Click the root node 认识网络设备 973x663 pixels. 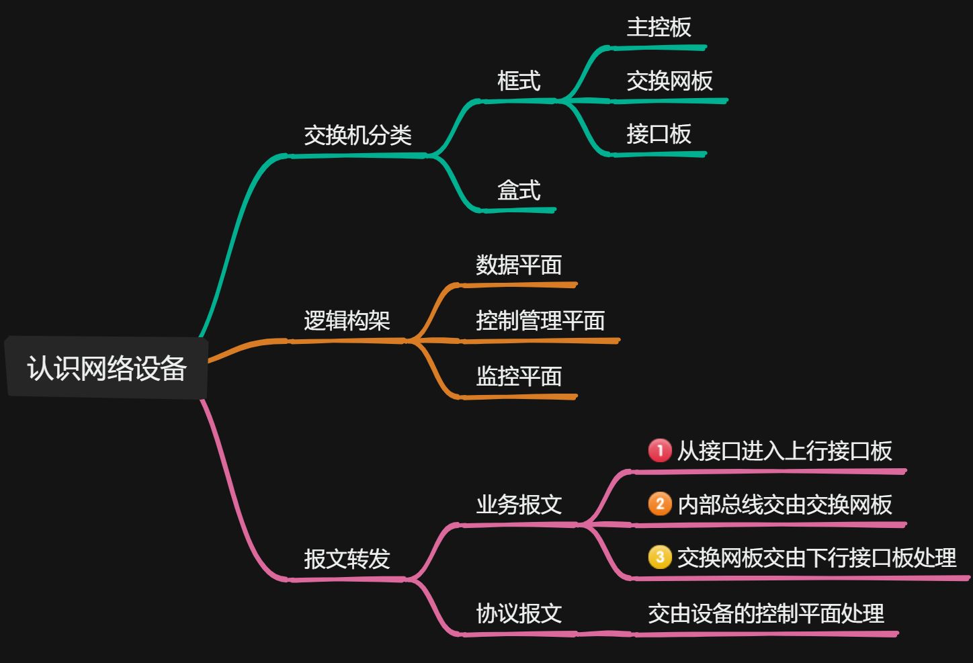coord(106,368)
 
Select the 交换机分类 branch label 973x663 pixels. coord(357,136)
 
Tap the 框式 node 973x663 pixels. coord(519,81)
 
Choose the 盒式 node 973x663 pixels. coord(519,191)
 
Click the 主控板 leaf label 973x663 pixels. coord(659,28)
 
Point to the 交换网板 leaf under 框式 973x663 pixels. coord(669,81)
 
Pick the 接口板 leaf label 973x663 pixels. coord(659,134)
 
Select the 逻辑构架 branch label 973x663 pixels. coord(347,320)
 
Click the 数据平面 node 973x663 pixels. coord(519,265)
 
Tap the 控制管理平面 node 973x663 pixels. coord(540,320)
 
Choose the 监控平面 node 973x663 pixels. coord(519,376)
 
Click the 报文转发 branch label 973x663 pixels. coord(347,559)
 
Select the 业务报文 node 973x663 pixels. coord(519,504)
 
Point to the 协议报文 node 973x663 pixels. coord(519,613)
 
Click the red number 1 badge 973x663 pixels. coord(660,450)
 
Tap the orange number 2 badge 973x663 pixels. coord(660,504)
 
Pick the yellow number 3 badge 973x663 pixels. coord(660,557)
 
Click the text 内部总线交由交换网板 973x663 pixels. coord(785,504)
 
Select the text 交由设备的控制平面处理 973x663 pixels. coord(766,613)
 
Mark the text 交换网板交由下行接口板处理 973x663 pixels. coord(816,558)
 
